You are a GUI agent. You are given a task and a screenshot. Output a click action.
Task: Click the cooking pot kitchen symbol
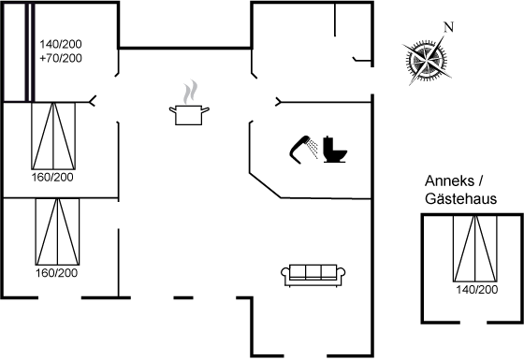pos(189,114)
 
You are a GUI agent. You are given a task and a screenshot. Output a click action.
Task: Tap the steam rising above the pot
pos(190,92)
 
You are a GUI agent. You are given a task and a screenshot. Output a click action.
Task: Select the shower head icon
pos(303,150)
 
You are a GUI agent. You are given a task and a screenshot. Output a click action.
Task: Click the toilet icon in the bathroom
pos(335,150)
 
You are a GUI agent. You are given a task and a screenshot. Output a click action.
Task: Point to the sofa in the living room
pos(313,275)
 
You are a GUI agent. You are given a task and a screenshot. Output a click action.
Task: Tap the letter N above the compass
pos(448,27)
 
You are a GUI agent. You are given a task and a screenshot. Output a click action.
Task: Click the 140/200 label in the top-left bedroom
pos(61,44)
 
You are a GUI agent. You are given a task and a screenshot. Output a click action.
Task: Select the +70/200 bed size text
pos(61,58)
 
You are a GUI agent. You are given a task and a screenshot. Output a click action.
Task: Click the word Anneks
pos(449,181)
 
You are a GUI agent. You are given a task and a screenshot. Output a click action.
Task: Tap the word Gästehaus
pos(460,198)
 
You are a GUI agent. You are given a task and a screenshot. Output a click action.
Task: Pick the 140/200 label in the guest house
pos(477,290)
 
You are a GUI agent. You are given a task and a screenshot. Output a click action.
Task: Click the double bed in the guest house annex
pos(475,249)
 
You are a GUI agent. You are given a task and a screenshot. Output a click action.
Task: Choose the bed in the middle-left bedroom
pos(53,136)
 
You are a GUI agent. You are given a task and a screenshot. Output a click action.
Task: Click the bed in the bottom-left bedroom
pos(57,232)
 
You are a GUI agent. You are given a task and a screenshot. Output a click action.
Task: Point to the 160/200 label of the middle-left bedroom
pos(52,177)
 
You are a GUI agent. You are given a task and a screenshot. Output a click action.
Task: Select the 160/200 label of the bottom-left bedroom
pos(56,273)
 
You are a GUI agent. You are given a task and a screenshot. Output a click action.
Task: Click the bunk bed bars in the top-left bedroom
pos(30,52)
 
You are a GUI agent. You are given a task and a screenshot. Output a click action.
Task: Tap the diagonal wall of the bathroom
pos(266,186)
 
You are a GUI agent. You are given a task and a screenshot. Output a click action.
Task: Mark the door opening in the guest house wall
pos(473,323)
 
